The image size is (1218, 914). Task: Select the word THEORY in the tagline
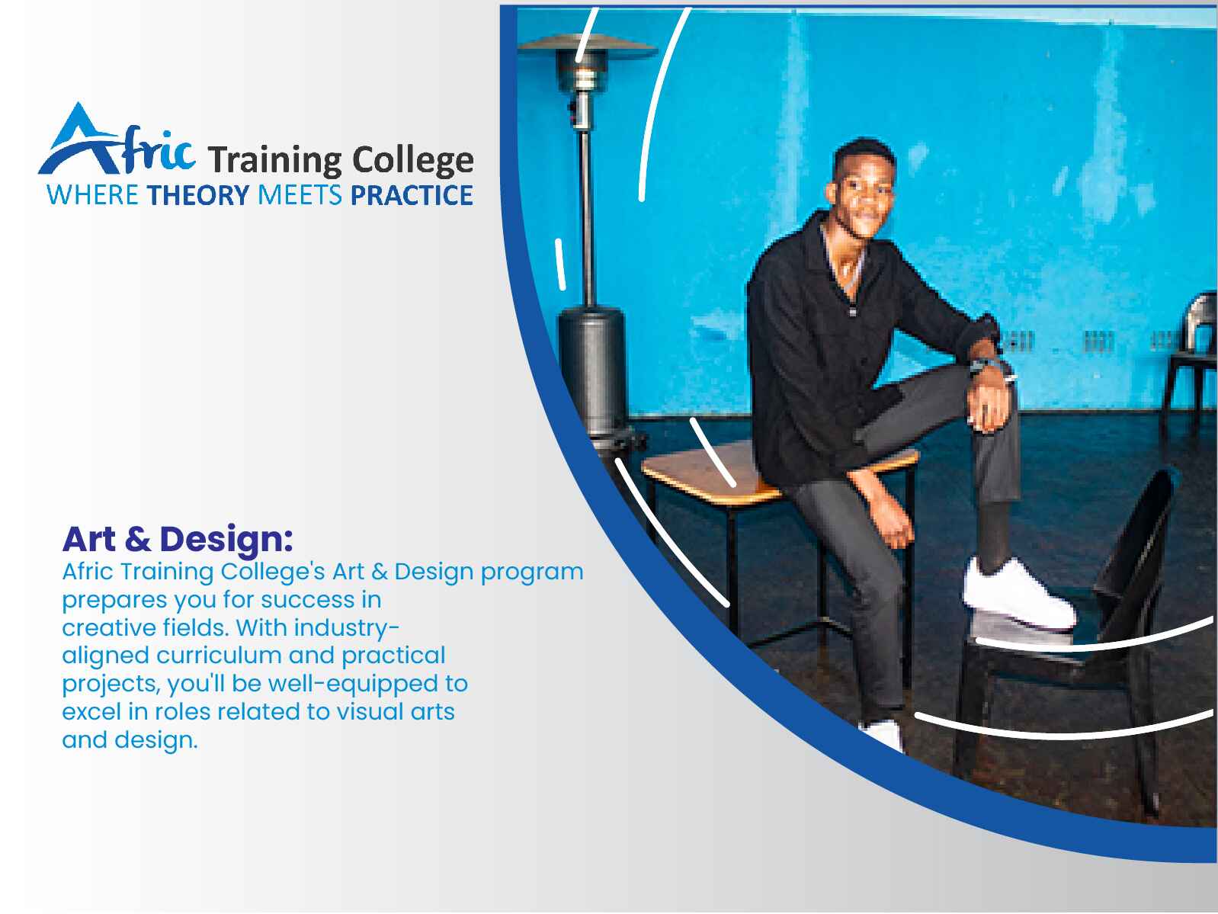pyautogui.click(x=198, y=195)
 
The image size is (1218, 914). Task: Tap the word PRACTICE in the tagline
pyautogui.click(x=412, y=195)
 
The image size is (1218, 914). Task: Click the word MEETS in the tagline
pyautogui.click(x=300, y=195)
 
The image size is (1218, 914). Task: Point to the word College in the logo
pyautogui.click(x=413, y=162)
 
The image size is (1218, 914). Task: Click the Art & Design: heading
pyautogui.click(x=178, y=540)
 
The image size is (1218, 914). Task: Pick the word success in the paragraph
pyautogui.click(x=307, y=601)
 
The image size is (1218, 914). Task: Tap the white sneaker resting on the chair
pyautogui.click(x=1018, y=595)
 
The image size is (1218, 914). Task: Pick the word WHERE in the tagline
pyautogui.click(x=93, y=195)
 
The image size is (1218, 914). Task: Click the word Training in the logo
pyautogui.click(x=275, y=162)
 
